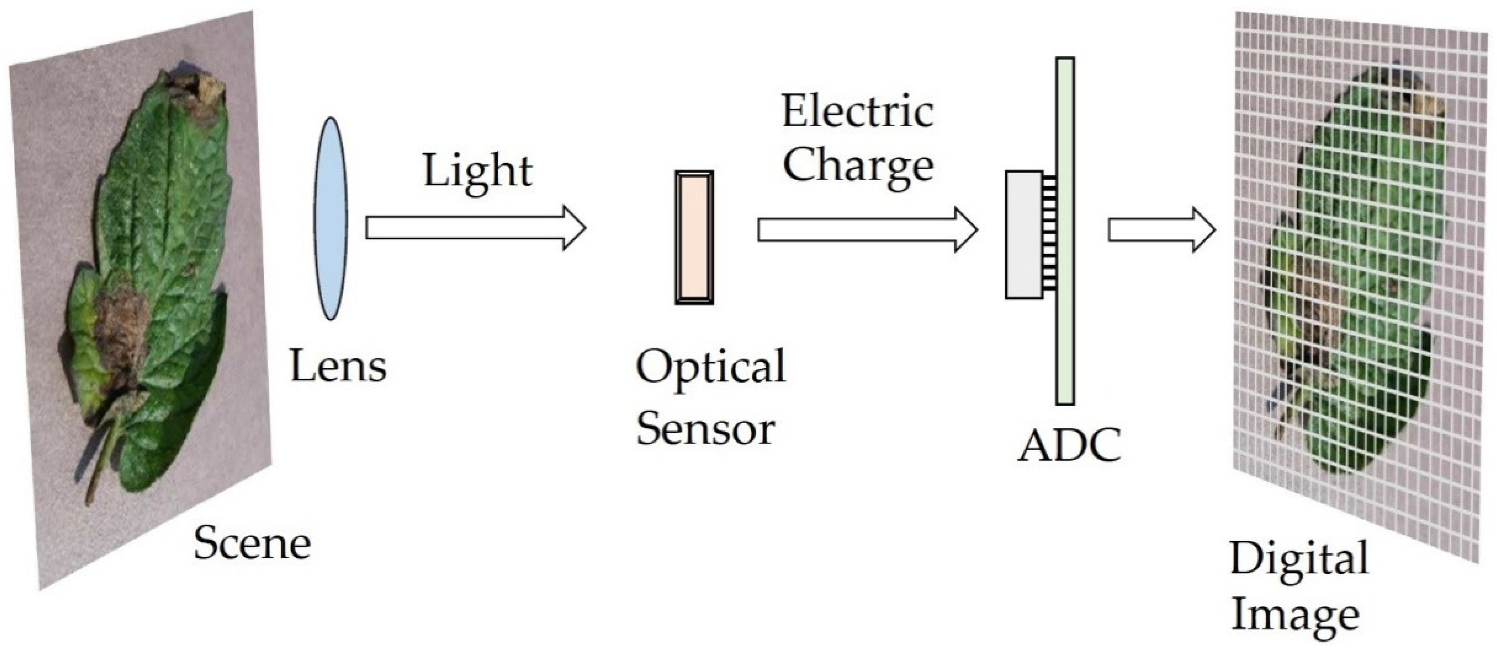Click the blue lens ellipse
point(331,219)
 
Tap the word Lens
point(338,366)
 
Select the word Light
point(477,171)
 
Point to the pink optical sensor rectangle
point(694,237)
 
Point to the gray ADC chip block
point(1023,235)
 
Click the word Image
point(1295,615)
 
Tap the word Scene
point(252,544)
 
